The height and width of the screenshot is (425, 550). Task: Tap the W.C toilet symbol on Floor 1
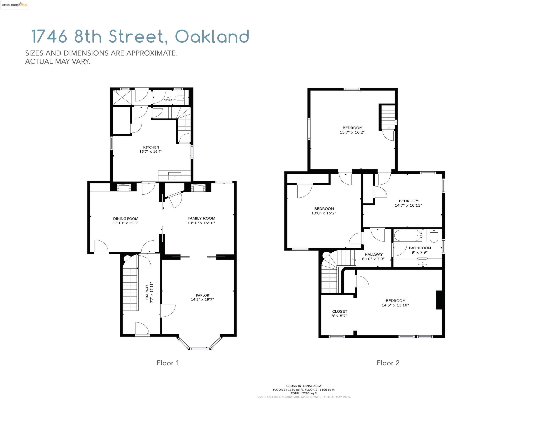[x=180, y=98]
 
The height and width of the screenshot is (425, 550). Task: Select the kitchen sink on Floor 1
[x=175, y=177]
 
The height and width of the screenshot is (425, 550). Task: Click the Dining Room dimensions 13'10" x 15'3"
[x=125, y=223]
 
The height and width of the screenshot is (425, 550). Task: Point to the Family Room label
[x=201, y=218]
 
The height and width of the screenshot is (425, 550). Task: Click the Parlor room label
[x=202, y=295]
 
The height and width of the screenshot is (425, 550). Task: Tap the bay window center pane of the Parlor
[x=199, y=348]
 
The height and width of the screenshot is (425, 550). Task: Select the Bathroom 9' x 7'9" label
[x=420, y=250]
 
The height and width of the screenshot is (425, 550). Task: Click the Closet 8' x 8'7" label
[x=339, y=313]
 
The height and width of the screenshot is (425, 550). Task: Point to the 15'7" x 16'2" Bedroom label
[x=352, y=130]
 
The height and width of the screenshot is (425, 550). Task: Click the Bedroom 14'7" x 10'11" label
[x=408, y=203]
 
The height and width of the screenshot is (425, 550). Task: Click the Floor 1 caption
[x=168, y=363]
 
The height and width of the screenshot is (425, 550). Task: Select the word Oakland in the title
[x=212, y=37]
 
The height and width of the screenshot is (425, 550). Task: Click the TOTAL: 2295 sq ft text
[x=304, y=393]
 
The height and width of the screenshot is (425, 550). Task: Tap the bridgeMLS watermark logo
[x=15, y=5]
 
